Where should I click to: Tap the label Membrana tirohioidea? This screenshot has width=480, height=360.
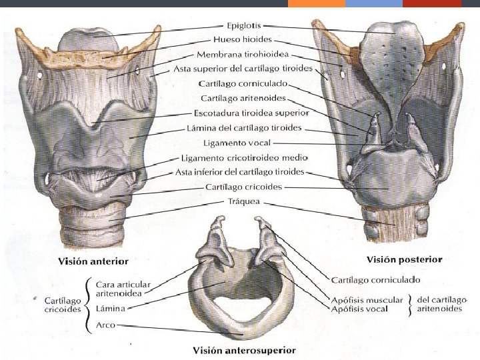[243, 53]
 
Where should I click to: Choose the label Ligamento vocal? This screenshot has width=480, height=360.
[235, 143]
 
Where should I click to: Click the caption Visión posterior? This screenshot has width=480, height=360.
[406, 259]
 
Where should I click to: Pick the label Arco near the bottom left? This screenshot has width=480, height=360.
[105, 325]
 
